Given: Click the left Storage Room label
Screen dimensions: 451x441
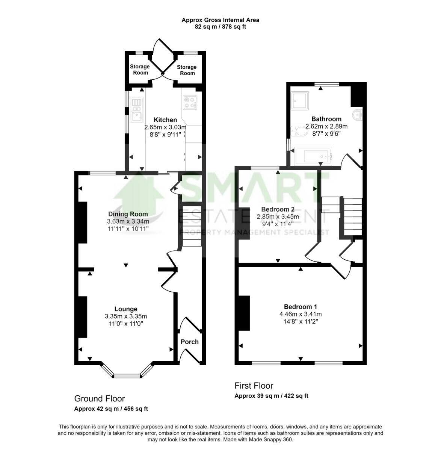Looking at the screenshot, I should pyautogui.click(x=140, y=70).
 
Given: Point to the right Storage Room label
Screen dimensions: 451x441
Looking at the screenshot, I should pyautogui.click(x=187, y=70).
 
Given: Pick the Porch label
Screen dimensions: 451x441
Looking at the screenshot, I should pyautogui.click(x=190, y=342).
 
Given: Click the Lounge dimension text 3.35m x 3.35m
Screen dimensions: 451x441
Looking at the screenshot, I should pyautogui.click(x=126, y=316).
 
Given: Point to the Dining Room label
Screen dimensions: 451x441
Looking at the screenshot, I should pyautogui.click(x=128, y=214).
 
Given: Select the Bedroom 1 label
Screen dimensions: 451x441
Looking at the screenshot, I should pyautogui.click(x=301, y=306).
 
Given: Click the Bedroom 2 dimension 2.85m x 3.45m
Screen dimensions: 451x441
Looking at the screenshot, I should pyautogui.click(x=278, y=217).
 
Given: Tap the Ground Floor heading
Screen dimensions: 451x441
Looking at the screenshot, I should pyautogui.click(x=100, y=398).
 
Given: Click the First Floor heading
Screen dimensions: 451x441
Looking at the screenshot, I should pyautogui.click(x=254, y=386).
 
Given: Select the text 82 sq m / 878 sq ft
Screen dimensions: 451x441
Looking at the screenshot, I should pyautogui.click(x=220, y=27).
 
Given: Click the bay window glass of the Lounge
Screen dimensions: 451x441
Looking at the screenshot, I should pyautogui.click(x=127, y=375).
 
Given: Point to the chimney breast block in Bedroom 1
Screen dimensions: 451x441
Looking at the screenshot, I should pyautogui.click(x=244, y=313).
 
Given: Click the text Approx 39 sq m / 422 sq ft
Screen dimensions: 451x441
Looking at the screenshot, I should pyautogui.click(x=271, y=396).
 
